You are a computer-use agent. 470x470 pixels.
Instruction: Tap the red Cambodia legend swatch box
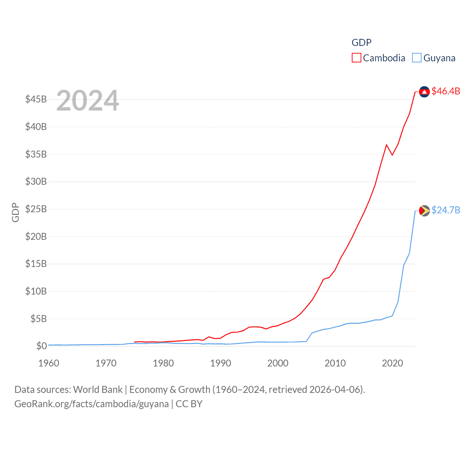(x=356, y=58)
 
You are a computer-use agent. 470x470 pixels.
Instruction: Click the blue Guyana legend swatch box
(x=416, y=58)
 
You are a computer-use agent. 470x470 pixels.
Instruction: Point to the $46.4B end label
(x=446, y=91)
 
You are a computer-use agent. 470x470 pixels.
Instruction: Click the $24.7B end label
(x=446, y=210)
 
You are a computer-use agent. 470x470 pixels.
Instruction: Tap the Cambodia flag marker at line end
(x=424, y=91)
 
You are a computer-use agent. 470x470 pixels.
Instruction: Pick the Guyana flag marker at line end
(x=424, y=210)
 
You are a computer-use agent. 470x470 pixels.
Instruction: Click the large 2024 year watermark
(x=87, y=101)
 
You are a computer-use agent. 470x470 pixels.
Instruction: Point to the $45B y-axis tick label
(x=36, y=99)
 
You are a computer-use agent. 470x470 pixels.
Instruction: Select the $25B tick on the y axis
(x=36, y=209)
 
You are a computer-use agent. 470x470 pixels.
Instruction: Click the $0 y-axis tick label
(x=41, y=346)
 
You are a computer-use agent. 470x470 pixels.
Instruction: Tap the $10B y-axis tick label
(x=36, y=291)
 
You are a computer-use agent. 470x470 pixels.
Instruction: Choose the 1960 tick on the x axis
(x=49, y=363)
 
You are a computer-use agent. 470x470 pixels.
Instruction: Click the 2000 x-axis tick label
(x=278, y=363)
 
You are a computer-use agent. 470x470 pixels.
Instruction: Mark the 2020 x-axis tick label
(x=393, y=363)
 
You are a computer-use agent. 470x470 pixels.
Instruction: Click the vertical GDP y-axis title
(x=15, y=212)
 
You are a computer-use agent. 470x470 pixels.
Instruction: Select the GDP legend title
(x=361, y=43)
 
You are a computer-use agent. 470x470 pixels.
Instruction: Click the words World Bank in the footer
(x=98, y=389)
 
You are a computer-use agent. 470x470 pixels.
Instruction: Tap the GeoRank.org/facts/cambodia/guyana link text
(x=91, y=404)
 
